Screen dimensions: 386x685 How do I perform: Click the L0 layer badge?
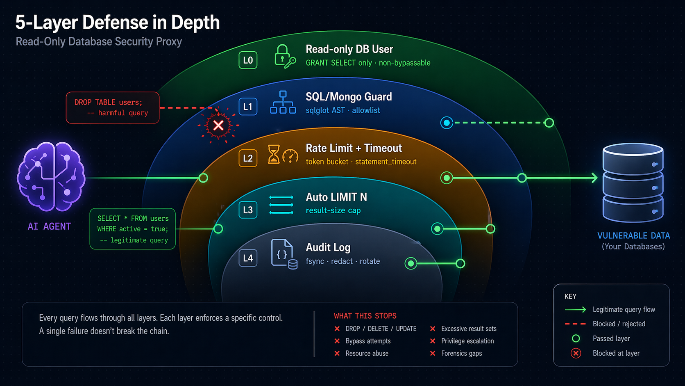coord(248,60)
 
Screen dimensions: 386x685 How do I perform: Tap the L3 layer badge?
coord(248,210)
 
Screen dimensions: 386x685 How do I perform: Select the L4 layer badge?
coord(248,258)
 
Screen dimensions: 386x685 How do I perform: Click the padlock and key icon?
coord(284,56)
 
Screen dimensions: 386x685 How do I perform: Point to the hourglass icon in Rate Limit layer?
coord(274,155)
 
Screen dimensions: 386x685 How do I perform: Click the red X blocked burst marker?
coord(218,125)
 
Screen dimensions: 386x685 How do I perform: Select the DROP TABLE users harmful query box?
coord(113,107)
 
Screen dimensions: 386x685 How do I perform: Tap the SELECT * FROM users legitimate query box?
coord(133,229)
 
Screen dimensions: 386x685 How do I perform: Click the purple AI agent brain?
coord(51,176)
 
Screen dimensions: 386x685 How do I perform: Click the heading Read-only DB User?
coord(349,49)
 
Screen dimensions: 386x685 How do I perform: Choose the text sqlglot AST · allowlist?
coord(342,110)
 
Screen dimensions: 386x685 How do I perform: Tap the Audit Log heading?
coord(328,247)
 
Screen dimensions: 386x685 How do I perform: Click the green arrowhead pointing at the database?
coord(594,178)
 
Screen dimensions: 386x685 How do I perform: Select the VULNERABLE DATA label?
coord(633,235)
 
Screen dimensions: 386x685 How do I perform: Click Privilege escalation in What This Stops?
coord(467,341)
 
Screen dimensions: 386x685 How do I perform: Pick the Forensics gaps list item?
coord(461,353)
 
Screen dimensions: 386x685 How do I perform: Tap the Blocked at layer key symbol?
coord(576,353)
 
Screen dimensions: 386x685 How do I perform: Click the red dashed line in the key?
coord(576,324)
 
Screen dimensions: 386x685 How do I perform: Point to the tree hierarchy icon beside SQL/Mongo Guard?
coord(283,103)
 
